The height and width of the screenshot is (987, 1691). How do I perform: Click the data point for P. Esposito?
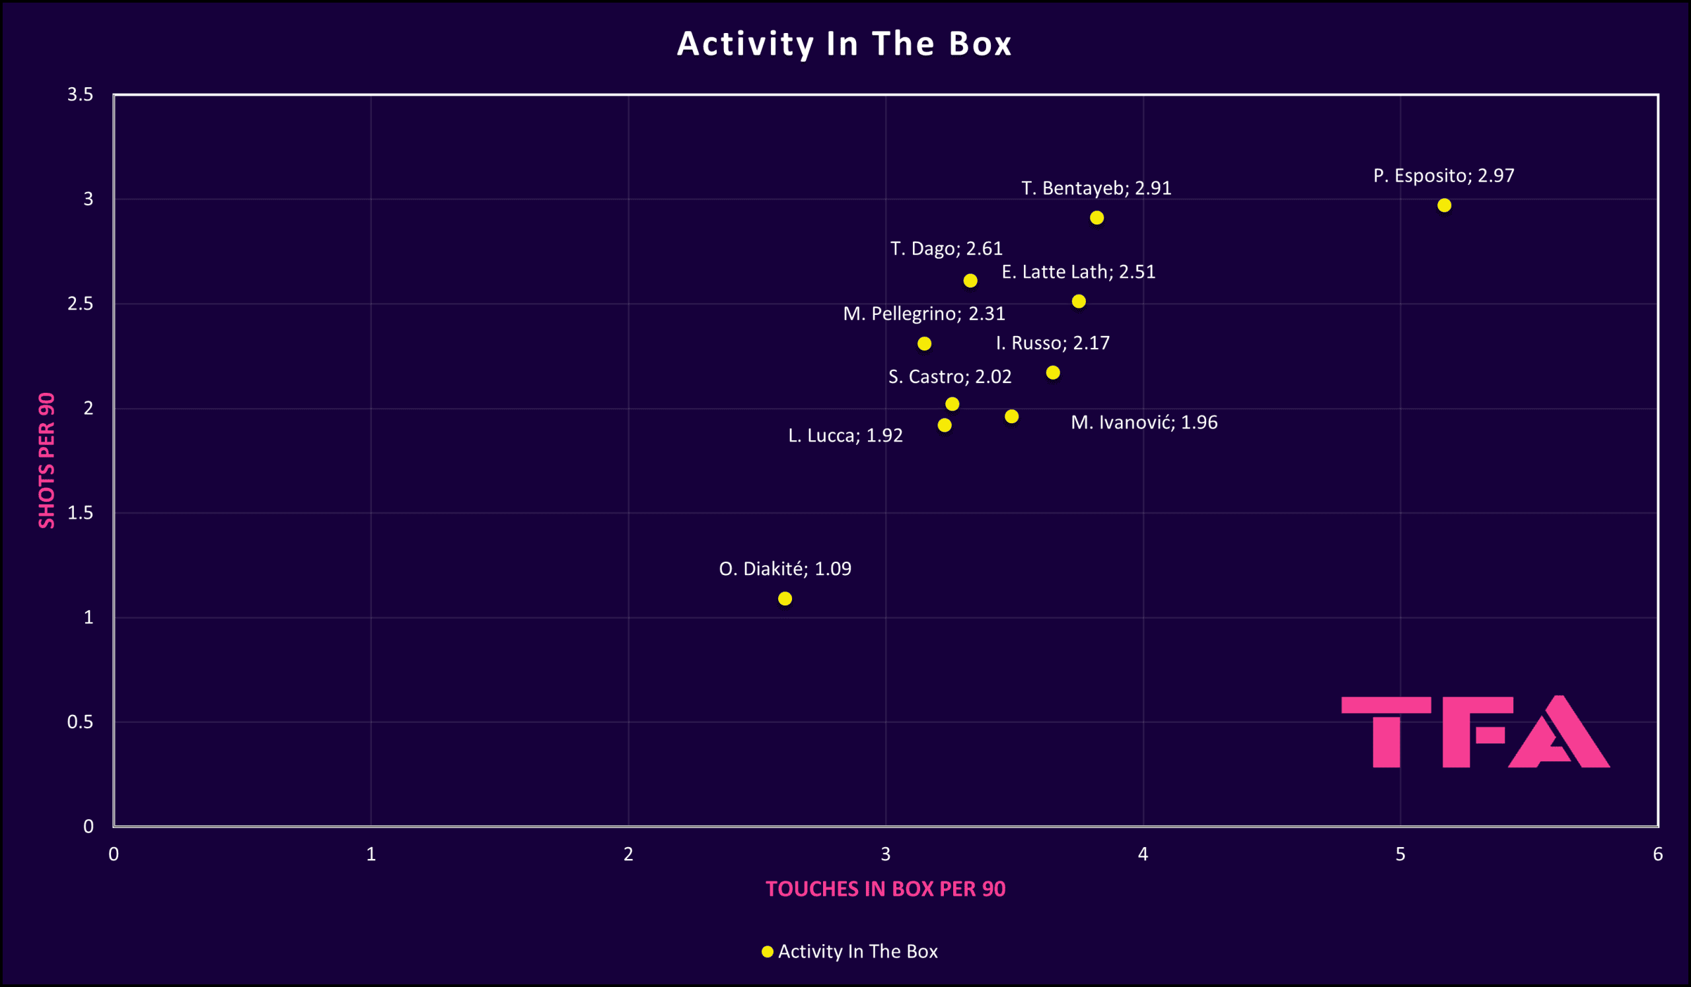click(1444, 205)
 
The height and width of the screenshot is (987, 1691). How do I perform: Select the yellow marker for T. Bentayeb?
click(1097, 218)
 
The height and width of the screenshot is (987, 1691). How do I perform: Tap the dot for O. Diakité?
click(785, 598)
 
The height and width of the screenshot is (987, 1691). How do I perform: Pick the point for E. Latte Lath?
click(1079, 302)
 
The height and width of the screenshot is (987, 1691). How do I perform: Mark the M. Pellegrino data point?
click(924, 344)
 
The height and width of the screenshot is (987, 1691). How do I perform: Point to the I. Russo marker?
click(1053, 373)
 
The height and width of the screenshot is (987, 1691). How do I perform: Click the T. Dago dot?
click(970, 281)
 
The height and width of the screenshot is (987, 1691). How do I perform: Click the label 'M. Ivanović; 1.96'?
click(1143, 423)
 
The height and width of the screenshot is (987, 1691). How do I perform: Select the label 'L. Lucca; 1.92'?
click(845, 436)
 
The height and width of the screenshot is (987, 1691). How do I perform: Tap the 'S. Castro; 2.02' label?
click(949, 377)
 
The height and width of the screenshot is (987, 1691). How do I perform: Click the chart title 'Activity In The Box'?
click(844, 44)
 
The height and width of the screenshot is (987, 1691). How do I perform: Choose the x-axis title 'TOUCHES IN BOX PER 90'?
click(885, 889)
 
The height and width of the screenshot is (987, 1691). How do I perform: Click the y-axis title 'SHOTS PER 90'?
click(46, 461)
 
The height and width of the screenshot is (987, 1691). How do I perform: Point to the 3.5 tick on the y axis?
click(81, 95)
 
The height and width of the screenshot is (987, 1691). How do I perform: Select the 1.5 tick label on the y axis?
click(81, 513)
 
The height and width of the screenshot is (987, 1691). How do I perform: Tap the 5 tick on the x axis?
click(1400, 854)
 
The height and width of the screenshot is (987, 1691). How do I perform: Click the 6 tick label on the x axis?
click(1657, 854)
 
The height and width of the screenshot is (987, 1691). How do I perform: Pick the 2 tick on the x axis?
click(628, 854)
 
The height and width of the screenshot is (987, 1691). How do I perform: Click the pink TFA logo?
click(1475, 732)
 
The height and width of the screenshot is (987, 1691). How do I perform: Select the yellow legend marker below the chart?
click(768, 951)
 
